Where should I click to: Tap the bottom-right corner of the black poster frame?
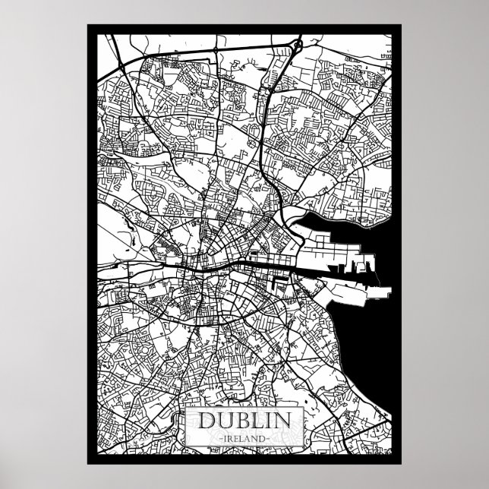point(401,464)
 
